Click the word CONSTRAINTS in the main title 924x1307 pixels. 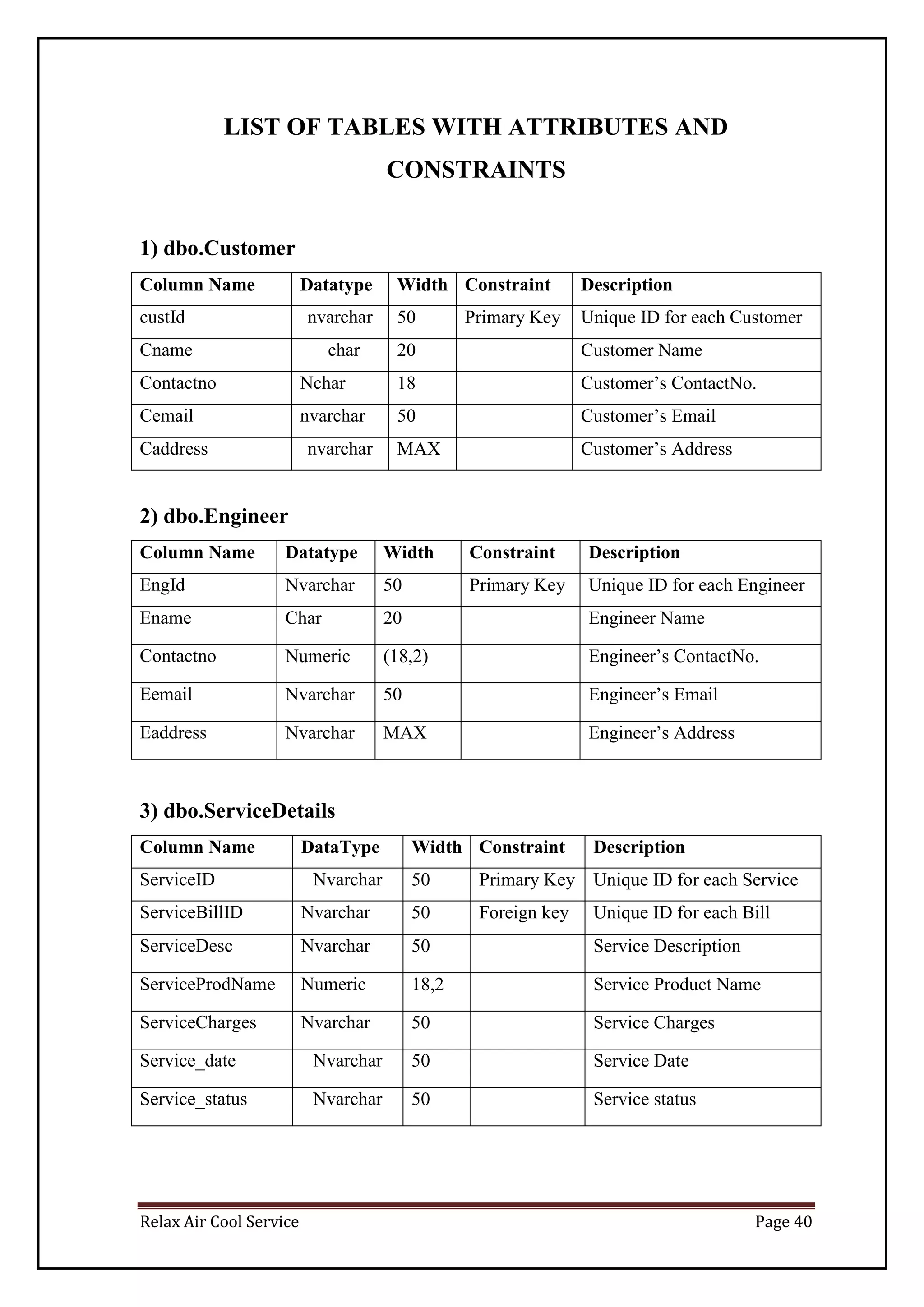(x=476, y=170)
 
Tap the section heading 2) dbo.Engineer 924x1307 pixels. (x=213, y=516)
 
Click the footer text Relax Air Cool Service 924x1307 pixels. (x=219, y=1222)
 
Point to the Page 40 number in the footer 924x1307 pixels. (x=783, y=1222)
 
